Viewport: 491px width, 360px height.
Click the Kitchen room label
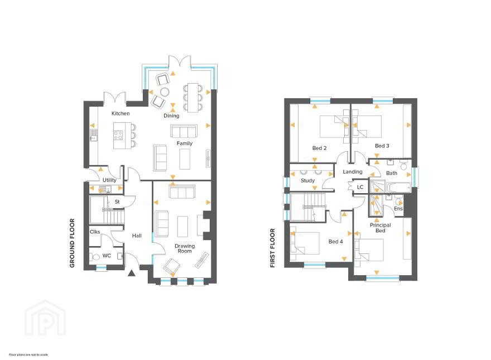(x=121, y=113)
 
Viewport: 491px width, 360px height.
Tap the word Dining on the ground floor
(x=171, y=116)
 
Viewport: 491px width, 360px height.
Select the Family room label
(x=185, y=143)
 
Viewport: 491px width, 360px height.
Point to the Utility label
(x=109, y=180)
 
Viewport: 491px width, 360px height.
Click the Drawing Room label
(x=185, y=248)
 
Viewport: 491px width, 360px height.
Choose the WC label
(x=107, y=256)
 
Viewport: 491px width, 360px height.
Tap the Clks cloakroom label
(x=95, y=232)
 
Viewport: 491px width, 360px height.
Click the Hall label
(x=137, y=236)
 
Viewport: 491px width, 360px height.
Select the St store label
(x=117, y=202)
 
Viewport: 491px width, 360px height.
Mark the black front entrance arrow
(x=132, y=273)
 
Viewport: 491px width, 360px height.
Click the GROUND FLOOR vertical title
(x=73, y=243)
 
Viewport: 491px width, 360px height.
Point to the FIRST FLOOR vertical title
(x=272, y=248)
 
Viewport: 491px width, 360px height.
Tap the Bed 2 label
(x=319, y=148)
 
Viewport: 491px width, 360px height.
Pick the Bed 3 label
(x=382, y=146)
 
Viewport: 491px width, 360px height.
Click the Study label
(x=307, y=181)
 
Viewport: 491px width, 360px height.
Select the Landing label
(x=353, y=172)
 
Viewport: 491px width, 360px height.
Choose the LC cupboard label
(x=360, y=187)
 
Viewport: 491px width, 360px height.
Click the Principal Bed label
(x=380, y=228)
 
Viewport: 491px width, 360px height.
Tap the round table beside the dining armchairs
(x=165, y=92)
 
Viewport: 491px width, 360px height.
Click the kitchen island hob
(x=118, y=136)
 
